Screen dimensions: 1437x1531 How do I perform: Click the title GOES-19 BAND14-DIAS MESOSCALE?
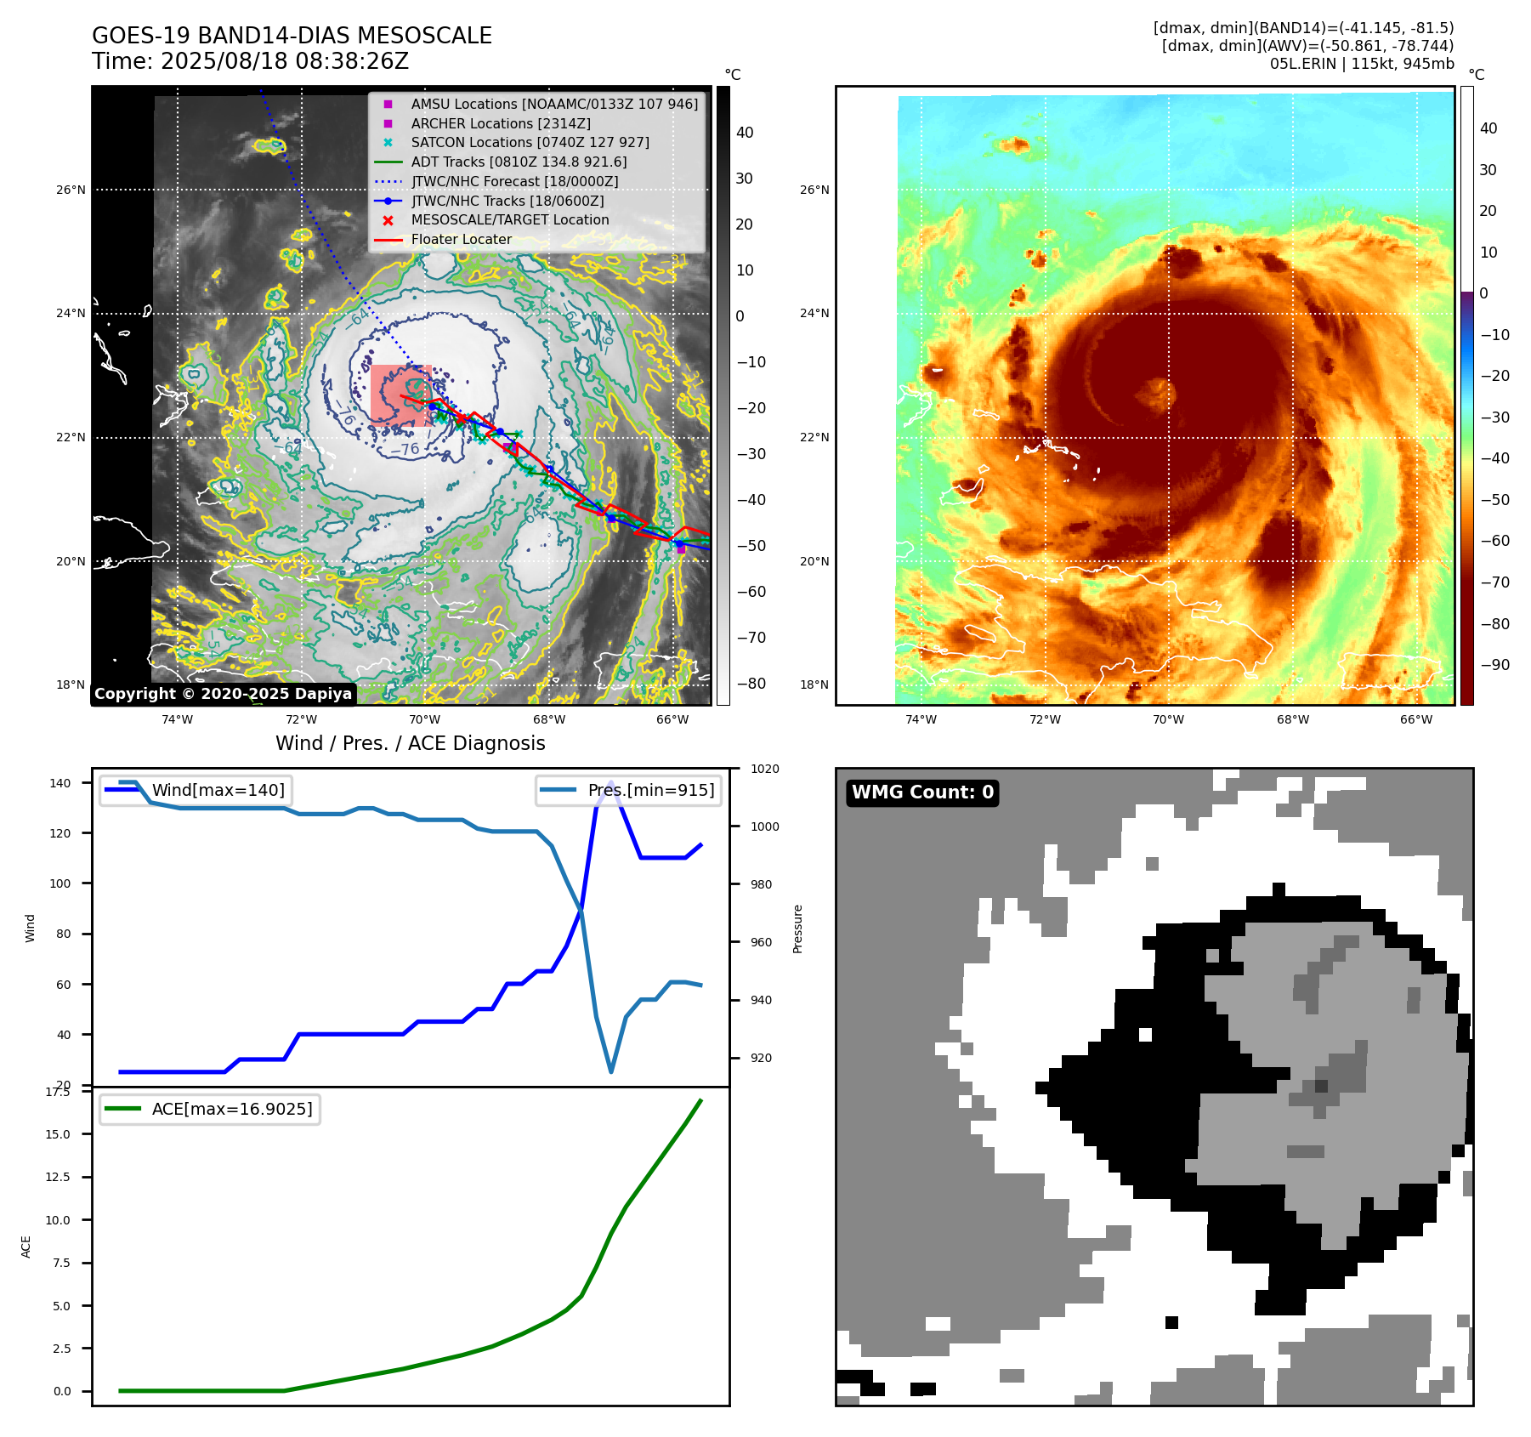[292, 36]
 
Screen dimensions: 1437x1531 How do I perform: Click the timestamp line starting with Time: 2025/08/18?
[250, 61]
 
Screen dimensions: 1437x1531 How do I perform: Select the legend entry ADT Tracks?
[519, 162]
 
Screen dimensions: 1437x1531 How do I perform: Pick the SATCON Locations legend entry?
[530, 142]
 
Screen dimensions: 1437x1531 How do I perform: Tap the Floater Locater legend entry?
[461, 240]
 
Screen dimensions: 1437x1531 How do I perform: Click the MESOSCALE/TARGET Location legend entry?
[510, 220]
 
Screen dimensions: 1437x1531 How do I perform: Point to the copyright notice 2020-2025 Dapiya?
[223, 694]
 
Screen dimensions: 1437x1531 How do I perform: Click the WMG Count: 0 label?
[922, 792]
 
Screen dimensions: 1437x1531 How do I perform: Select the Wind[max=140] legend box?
[196, 790]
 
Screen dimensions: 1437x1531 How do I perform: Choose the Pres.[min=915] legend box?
[629, 790]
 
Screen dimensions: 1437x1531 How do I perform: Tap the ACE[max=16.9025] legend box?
[209, 1109]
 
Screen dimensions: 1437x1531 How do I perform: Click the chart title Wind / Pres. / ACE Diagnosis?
[410, 743]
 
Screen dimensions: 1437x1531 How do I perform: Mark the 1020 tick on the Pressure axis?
[764, 769]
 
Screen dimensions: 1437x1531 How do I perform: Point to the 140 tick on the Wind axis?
[60, 783]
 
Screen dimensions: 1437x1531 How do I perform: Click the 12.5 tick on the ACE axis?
[58, 1177]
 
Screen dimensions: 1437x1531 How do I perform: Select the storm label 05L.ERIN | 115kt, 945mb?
[1362, 64]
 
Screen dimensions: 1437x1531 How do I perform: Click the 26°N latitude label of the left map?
[71, 190]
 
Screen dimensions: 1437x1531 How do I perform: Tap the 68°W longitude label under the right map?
[1292, 719]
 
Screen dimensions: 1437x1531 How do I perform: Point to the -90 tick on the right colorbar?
[1494, 665]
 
